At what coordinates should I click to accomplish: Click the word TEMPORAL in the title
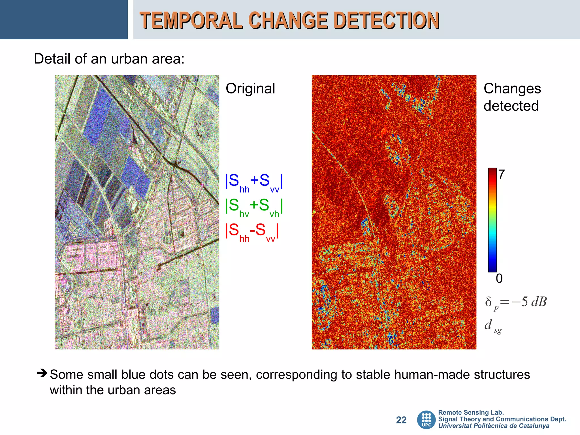coord(191,20)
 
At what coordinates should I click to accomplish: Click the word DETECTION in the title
coord(387,20)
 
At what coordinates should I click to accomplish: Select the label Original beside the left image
coord(250,89)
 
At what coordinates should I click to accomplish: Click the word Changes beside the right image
coord(512,89)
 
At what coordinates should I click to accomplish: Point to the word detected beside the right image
coord(511,106)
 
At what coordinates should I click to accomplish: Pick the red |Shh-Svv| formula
coord(252,231)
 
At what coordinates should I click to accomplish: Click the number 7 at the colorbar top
coord(501,174)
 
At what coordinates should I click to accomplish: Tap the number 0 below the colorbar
coord(499,279)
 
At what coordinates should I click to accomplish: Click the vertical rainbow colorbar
coord(492,220)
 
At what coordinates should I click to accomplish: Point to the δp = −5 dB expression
coord(515,302)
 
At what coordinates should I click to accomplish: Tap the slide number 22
coord(401,420)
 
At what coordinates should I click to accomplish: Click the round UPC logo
coord(426,420)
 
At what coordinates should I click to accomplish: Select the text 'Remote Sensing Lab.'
coord(471,412)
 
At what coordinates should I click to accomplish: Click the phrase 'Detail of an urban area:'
coord(109,59)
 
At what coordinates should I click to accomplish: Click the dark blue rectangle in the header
coord(64,20)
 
